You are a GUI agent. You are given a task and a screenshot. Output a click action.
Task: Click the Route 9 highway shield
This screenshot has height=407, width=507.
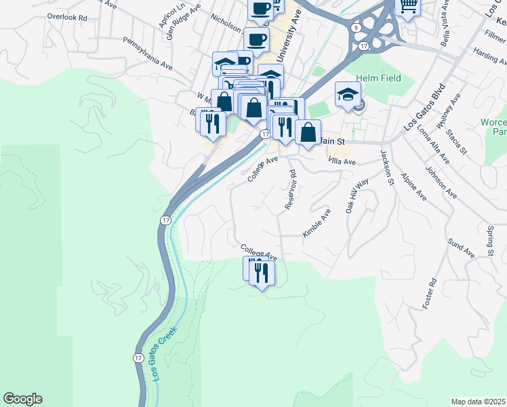coord(356,28)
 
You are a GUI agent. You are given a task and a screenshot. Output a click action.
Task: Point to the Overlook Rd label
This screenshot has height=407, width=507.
coord(68,16)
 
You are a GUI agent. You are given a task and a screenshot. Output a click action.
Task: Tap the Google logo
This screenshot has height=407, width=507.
coord(22,399)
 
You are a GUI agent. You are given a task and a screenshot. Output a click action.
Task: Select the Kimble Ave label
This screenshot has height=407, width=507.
coord(317,222)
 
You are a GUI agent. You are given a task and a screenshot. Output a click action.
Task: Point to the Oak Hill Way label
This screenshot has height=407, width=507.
coord(357,196)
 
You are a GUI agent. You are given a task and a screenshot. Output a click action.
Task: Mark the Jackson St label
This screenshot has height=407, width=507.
coord(386,167)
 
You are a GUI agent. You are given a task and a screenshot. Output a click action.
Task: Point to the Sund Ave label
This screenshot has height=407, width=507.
coord(461,248)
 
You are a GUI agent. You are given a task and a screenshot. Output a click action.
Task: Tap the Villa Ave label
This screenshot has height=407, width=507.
coord(342,161)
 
